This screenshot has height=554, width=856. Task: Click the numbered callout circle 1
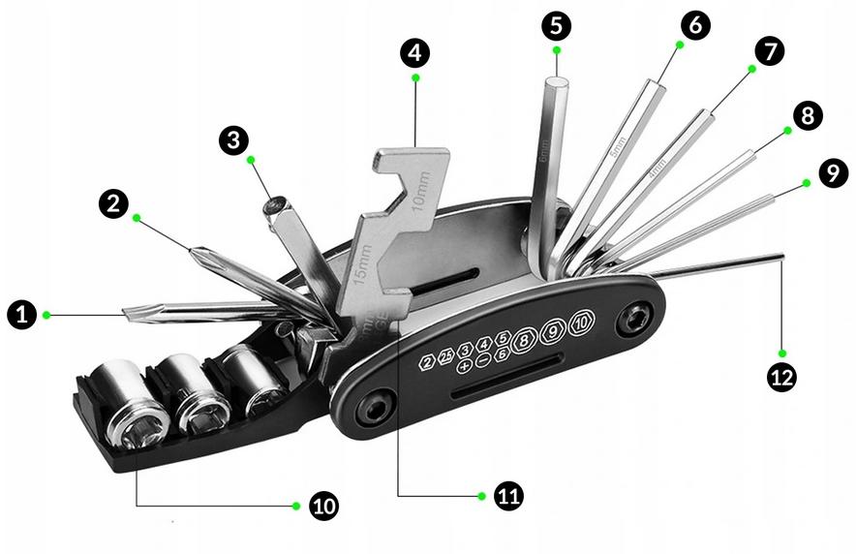20,314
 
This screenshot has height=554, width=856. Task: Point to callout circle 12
781,377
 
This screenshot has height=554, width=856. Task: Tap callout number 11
508,496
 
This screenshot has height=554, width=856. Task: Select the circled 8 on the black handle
525,338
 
